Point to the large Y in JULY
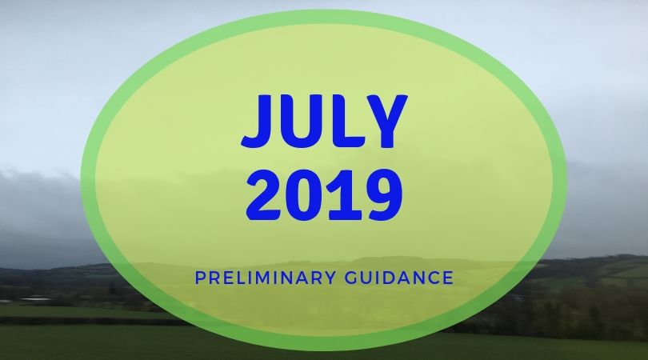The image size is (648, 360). tap(383, 121)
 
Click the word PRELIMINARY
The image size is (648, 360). tap(266, 278)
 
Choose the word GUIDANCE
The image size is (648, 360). tap(399, 278)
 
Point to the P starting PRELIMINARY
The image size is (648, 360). tap(200, 278)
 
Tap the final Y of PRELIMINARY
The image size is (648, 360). tap(330, 278)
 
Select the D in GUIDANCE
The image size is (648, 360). tap(390, 278)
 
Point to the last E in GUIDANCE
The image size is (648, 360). tap(448, 278)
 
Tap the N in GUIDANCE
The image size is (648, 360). tap(418, 278)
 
